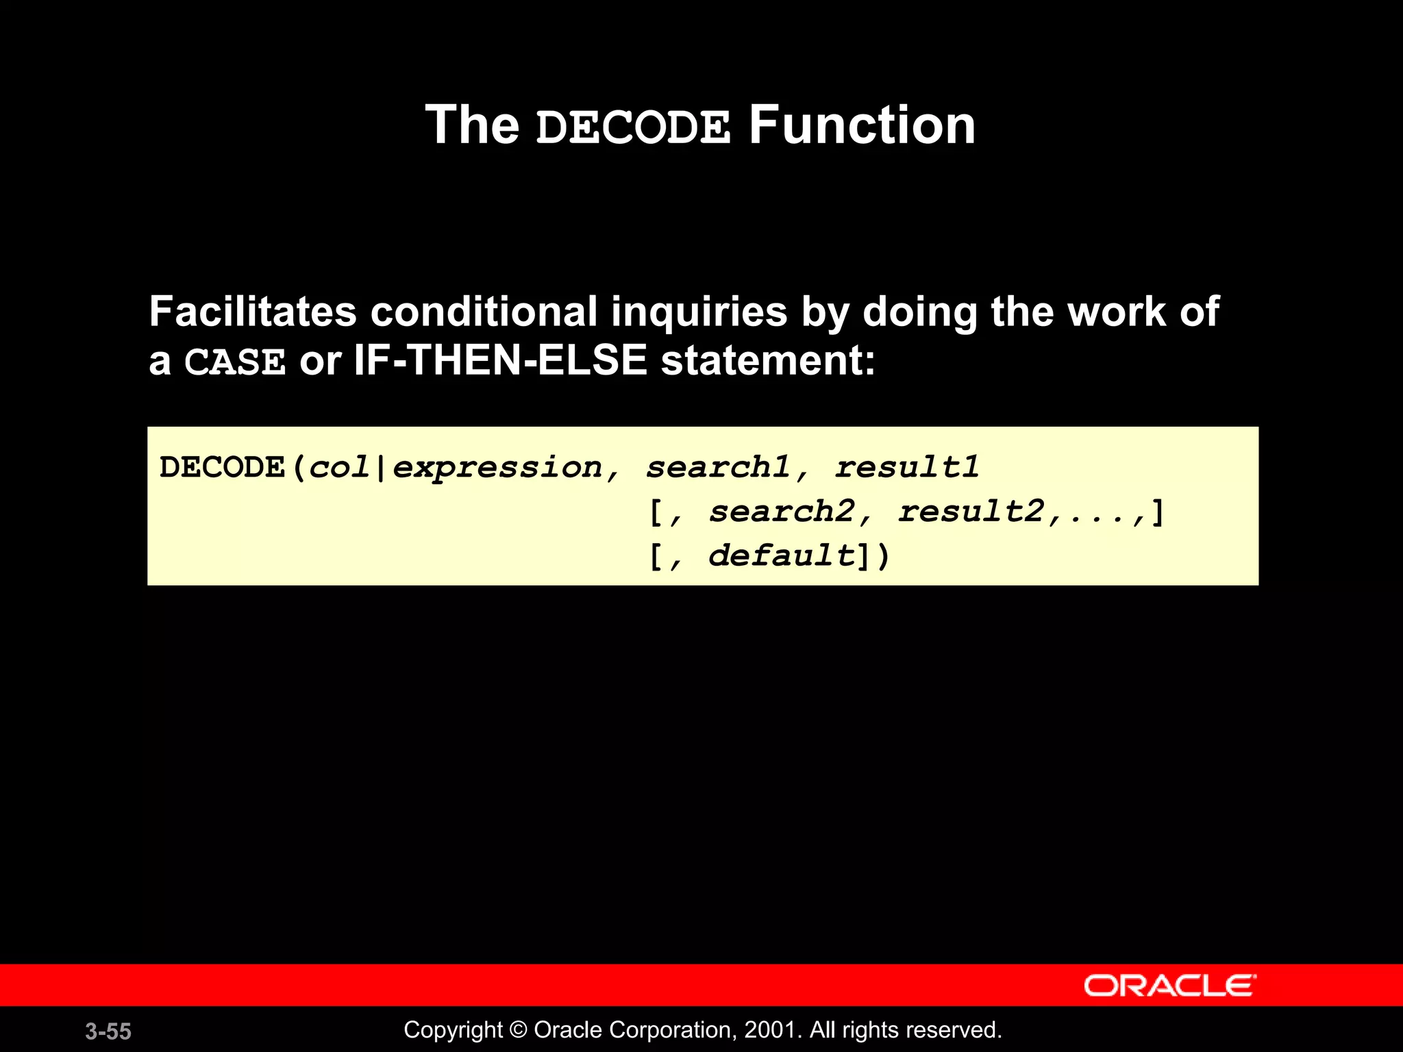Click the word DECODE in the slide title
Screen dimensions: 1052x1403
(633, 127)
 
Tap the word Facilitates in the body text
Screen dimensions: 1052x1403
(253, 312)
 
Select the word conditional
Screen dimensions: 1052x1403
(484, 312)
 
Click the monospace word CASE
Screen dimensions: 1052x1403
(235, 362)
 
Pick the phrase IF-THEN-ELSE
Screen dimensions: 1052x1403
(500, 360)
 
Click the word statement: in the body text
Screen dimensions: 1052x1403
(768, 361)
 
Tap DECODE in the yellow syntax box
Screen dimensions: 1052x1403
(222, 468)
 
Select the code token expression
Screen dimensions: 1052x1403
(497, 468)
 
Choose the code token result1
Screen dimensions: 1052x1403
(907, 468)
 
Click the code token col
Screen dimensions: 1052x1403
(339, 468)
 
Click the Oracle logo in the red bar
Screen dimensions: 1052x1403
(1170, 986)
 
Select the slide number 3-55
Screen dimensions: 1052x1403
(108, 1031)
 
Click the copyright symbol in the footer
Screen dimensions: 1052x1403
(518, 1030)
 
